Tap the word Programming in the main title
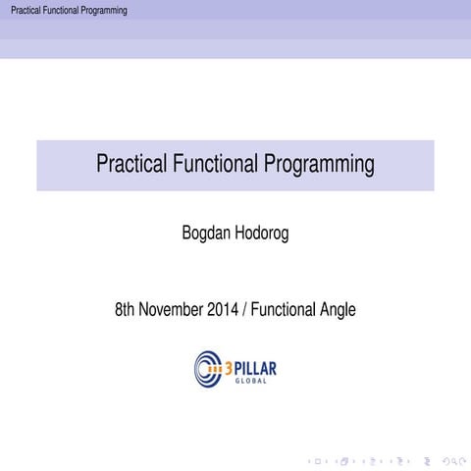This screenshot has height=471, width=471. click(319, 165)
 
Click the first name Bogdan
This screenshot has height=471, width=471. click(207, 235)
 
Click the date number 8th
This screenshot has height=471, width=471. click(126, 311)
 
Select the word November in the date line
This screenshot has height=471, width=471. click(172, 311)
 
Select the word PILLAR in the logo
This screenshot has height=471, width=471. click(257, 366)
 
